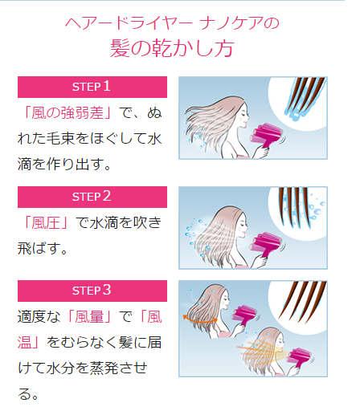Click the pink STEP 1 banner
point(92,87)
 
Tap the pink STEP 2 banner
point(92,197)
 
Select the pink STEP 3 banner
point(92,291)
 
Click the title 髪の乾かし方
point(172,48)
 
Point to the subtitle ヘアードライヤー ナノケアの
point(172,23)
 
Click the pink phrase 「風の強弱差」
point(67,112)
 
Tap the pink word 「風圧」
point(46,222)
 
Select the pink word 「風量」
point(89,317)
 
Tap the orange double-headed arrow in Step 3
point(200,319)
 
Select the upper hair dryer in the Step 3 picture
point(245,315)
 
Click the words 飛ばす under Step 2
point(38,248)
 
